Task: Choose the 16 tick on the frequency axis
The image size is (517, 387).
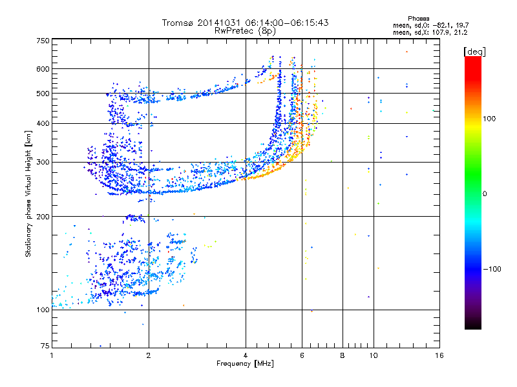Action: click(439, 355)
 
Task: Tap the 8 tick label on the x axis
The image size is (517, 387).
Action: click(343, 355)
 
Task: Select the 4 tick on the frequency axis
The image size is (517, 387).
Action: click(246, 355)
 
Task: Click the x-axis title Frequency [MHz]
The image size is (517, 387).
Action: click(246, 364)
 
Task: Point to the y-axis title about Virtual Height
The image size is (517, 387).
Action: click(28, 193)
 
